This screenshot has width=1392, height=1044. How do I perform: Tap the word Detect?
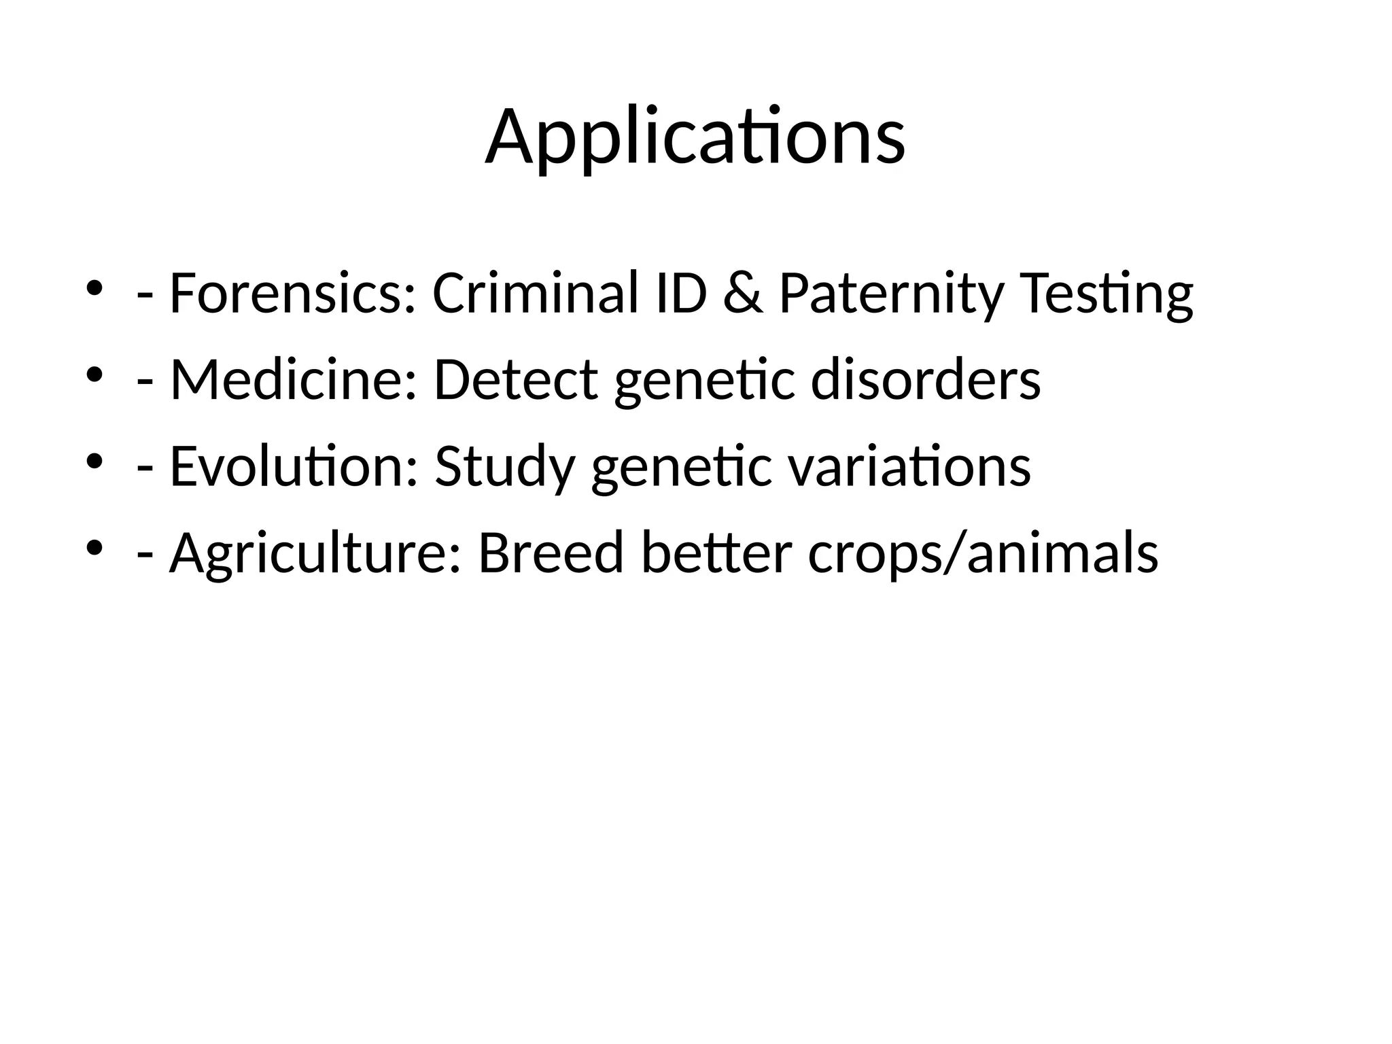coord(515,380)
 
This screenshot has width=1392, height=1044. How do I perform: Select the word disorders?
coord(925,380)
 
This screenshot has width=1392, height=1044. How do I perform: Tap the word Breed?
coord(551,553)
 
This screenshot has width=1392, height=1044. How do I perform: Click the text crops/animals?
coord(983,554)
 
